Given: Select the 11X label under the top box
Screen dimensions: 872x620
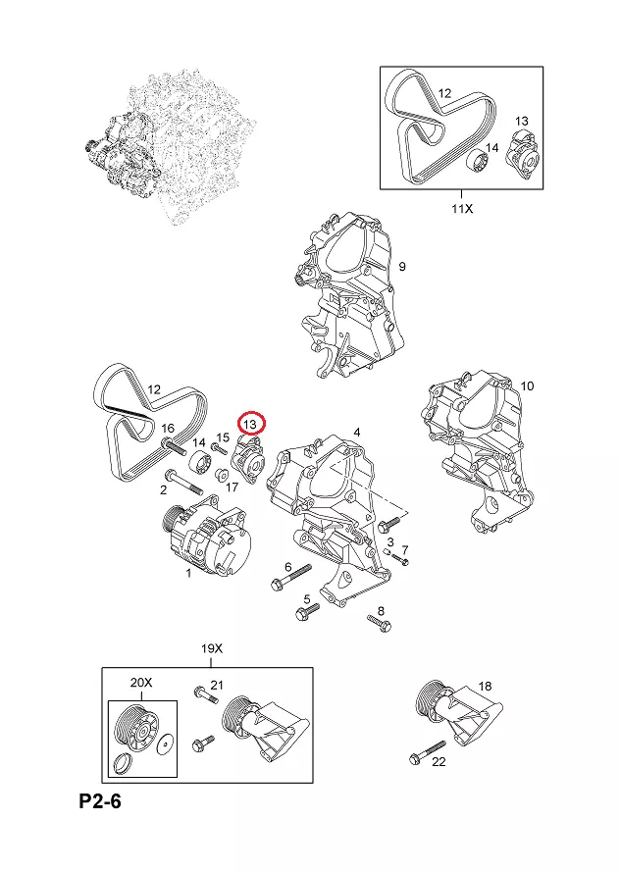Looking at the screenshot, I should click(x=461, y=208).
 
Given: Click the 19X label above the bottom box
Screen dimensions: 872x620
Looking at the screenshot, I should click(x=213, y=649).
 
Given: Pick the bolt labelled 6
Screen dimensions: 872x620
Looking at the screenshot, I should click(x=292, y=577).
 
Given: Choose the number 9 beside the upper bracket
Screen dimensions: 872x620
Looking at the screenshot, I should click(x=401, y=267).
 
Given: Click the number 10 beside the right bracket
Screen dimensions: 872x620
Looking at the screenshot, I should click(x=527, y=385).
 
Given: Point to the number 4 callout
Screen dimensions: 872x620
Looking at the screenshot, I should click(x=356, y=432).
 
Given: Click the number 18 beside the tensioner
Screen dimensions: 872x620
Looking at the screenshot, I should click(x=484, y=686).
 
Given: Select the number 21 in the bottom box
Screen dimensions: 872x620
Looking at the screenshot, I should click(x=218, y=685).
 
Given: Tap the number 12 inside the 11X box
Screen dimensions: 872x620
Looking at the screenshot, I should click(x=444, y=94).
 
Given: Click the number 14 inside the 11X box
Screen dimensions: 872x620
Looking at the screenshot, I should click(x=491, y=148).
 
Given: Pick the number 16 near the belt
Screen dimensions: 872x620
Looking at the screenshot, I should click(x=168, y=429).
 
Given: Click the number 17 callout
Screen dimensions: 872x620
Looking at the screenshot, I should click(x=232, y=487).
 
